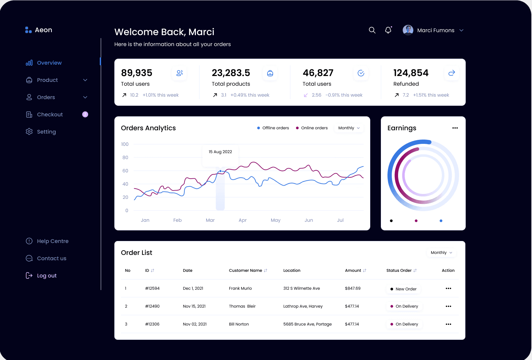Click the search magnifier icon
pyautogui.click(x=372, y=30)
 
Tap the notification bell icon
pyautogui.click(x=388, y=30)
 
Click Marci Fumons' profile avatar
pyautogui.click(x=408, y=30)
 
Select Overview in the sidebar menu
pyautogui.click(x=49, y=63)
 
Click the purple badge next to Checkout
pyautogui.click(x=85, y=114)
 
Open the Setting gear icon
pyautogui.click(x=29, y=132)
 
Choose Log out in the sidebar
pyautogui.click(x=46, y=275)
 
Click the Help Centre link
pyautogui.click(x=52, y=241)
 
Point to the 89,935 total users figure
pyautogui.click(x=137, y=73)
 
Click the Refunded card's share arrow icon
pyautogui.click(x=451, y=73)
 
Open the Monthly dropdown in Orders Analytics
pyautogui.click(x=349, y=128)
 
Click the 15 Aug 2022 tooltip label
pyautogui.click(x=220, y=152)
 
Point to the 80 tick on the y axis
pyautogui.click(x=125, y=157)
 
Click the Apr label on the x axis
pyautogui.click(x=243, y=220)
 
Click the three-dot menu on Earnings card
pyautogui.click(x=455, y=128)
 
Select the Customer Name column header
pyautogui.click(x=246, y=270)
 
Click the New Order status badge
pyautogui.click(x=403, y=289)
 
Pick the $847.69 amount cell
pyautogui.click(x=353, y=288)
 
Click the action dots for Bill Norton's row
pyautogui.click(x=448, y=324)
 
